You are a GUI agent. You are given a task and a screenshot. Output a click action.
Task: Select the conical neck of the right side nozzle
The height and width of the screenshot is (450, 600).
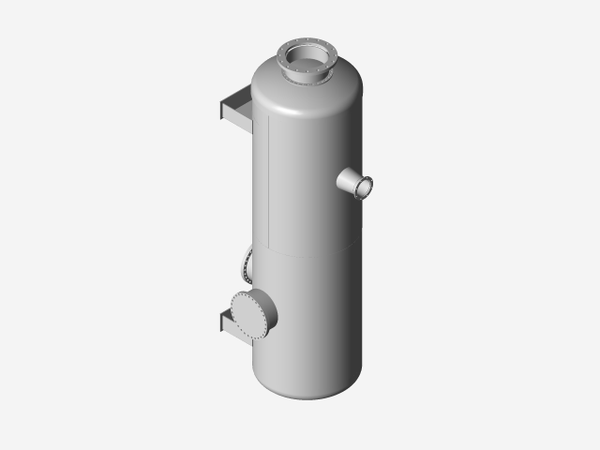(347, 179)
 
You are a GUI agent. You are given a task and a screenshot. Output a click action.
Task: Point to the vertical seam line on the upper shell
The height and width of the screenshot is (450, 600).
(269, 178)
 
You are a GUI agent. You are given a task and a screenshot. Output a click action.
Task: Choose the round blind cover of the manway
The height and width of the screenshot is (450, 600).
(249, 314)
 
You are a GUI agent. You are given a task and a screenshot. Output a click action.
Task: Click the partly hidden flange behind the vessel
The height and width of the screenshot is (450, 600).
(247, 265)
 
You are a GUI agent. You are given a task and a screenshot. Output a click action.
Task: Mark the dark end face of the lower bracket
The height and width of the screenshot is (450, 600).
(222, 323)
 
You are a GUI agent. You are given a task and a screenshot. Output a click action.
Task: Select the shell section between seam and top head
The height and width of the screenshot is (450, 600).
(309, 178)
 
